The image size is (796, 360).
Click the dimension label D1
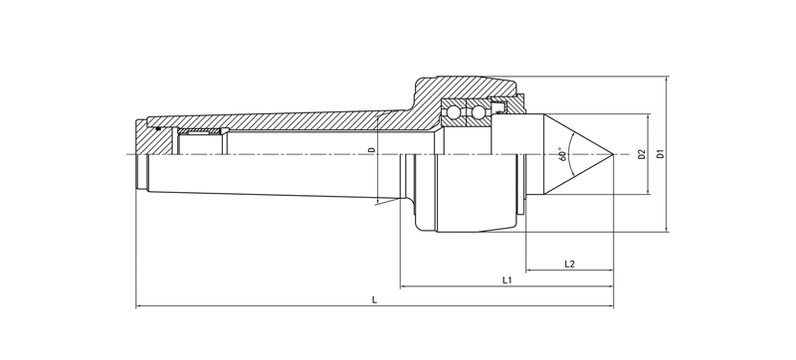point(660,153)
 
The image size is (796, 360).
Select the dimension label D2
point(641,154)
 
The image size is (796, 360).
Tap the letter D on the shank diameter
point(372,150)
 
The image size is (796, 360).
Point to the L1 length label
point(506,279)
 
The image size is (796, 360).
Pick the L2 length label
point(569,264)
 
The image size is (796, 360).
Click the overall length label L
point(375,299)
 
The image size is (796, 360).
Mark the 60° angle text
point(562,154)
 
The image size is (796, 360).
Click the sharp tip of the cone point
point(613,153)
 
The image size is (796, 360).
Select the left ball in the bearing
point(453,112)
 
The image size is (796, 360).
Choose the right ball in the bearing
point(478,112)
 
